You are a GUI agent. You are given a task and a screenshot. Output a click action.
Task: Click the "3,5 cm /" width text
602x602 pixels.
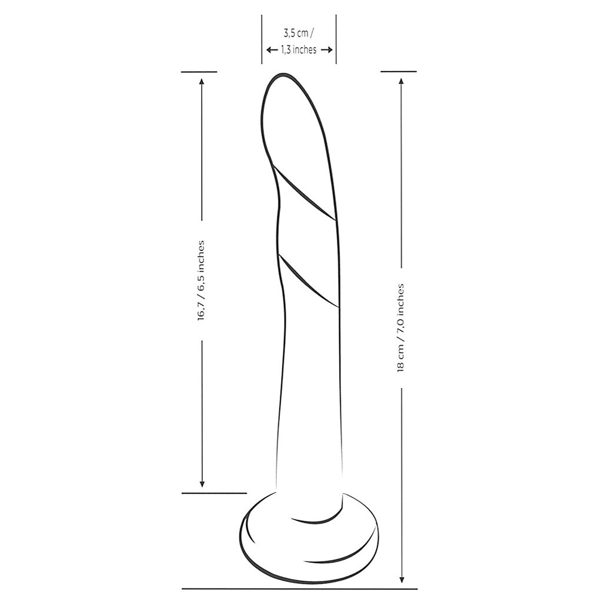coord(298,34)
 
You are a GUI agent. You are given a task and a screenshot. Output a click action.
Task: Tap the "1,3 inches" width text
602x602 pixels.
coord(299,50)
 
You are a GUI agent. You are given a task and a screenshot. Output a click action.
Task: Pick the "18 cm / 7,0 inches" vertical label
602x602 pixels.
coord(400,327)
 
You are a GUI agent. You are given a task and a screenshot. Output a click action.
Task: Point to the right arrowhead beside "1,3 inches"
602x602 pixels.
coord(327,49)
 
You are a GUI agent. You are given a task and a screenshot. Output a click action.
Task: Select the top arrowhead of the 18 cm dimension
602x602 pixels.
coord(402,81)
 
